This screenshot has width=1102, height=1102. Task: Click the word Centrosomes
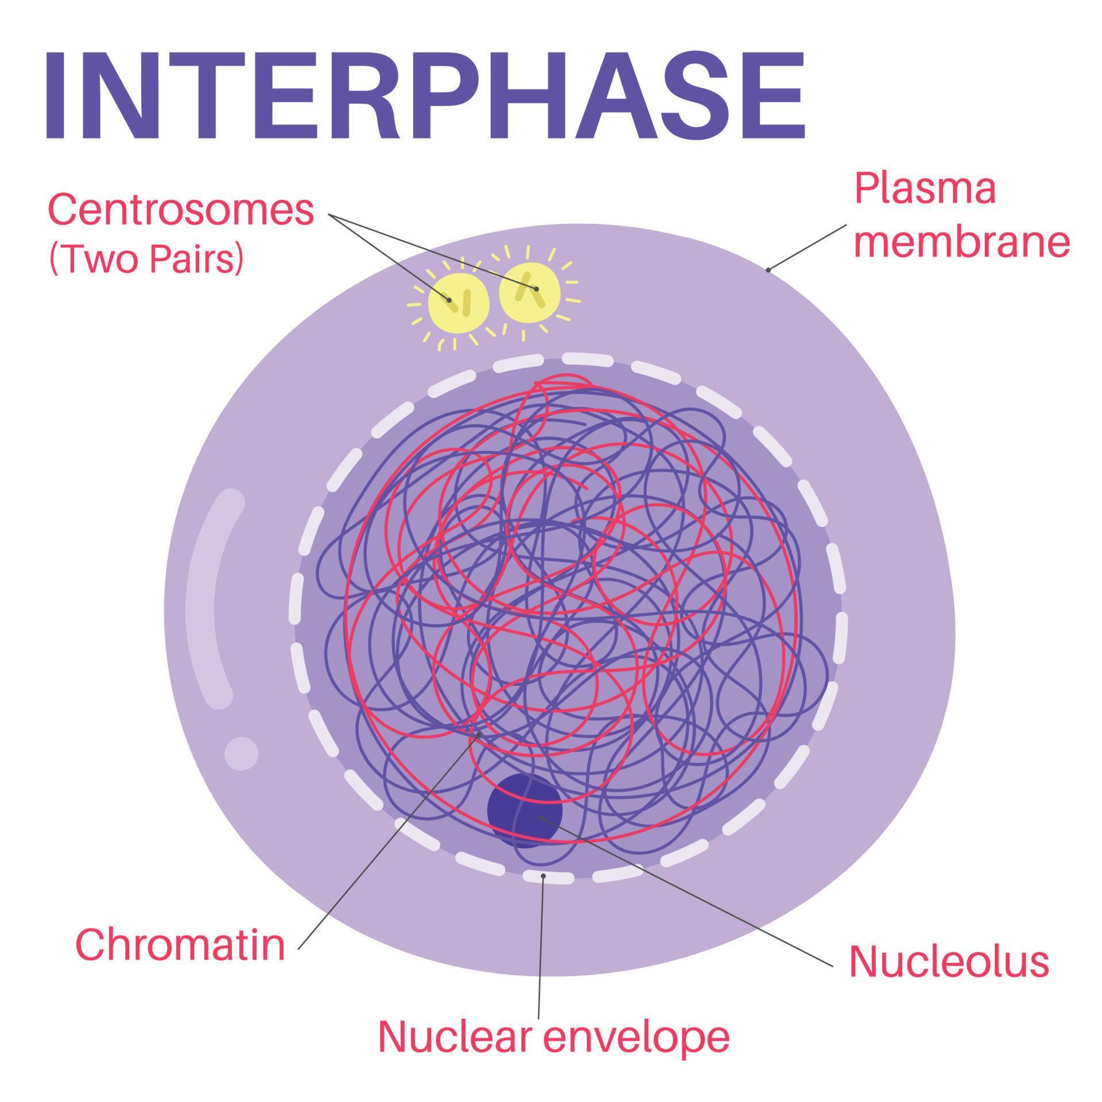181,209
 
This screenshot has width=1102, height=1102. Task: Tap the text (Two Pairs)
147,259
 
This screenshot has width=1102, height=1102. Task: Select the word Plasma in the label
925,189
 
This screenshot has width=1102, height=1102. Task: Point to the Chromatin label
180,945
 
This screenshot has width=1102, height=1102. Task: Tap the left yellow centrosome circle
459,303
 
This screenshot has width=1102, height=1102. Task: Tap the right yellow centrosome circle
529,292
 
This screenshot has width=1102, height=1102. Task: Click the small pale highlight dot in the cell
241,754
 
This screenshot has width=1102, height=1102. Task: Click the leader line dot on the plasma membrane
768,269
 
